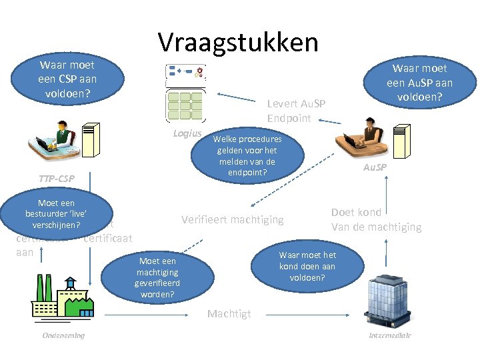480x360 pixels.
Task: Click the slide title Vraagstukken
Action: tap(238, 42)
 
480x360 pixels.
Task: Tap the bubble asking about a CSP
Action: tap(67, 79)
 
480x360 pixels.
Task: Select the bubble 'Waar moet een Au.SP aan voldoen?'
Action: tap(419, 83)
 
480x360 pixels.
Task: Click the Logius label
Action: tap(187, 133)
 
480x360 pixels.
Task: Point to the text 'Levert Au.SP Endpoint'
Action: tap(296, 111)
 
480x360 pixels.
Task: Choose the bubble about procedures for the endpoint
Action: tap(247, 155)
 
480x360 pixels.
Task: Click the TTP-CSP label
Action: tap(56, 179)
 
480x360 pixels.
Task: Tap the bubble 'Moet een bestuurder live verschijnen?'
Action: tap(57, 213)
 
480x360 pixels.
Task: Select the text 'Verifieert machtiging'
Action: tap(233, 219)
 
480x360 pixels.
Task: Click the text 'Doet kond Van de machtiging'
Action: tap(376, 219)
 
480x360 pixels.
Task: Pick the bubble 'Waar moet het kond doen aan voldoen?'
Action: tap(307, 266)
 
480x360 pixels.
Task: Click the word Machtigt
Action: tap(229, 314)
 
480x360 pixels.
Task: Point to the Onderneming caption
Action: tap(63, 335)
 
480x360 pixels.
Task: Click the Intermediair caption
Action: tap(390, 335)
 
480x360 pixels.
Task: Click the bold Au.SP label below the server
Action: tap(374, 167)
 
